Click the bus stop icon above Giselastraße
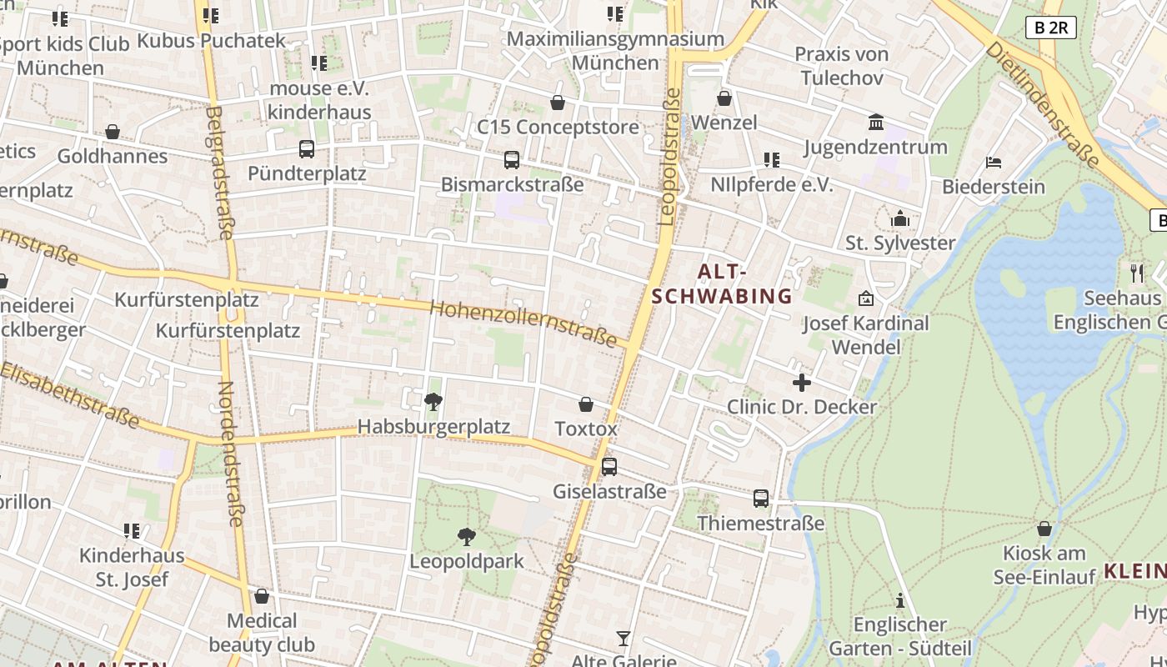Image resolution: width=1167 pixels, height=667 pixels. pos(609,467)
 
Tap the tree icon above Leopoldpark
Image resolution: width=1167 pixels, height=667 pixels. pos(467,537)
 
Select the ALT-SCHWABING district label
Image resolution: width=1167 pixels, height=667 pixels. pos(722,284)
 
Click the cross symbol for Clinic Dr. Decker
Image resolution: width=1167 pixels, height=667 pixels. pos(802,383)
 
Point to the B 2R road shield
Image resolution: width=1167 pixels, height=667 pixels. pos(1051,28)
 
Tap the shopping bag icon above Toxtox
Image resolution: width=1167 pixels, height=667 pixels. pos(586,405)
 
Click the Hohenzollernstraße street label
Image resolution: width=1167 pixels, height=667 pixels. pos(523,323)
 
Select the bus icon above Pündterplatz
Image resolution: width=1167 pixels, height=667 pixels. pos(307,149)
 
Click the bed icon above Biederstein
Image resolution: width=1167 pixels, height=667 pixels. pos(993,162)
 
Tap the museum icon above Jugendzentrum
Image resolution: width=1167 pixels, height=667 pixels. pos(876,123)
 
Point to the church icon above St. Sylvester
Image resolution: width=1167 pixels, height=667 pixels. pos(900,218)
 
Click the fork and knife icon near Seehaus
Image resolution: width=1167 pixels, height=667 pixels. pos(1136,272)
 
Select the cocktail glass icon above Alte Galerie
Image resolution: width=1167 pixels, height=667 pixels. pos(624,639)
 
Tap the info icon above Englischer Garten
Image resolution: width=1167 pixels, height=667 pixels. pos(900,600)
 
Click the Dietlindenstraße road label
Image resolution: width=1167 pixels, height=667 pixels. pos(1042,104)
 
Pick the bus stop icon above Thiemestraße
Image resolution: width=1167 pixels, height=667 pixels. pos(761,499)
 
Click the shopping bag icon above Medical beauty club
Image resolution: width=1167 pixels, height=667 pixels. pos(262,596)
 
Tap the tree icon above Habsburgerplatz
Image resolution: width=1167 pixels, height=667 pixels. pos(433,402)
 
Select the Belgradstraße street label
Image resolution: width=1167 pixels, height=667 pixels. pos(218,172)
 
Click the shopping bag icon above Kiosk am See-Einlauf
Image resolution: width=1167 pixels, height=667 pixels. pos(1044,529)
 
